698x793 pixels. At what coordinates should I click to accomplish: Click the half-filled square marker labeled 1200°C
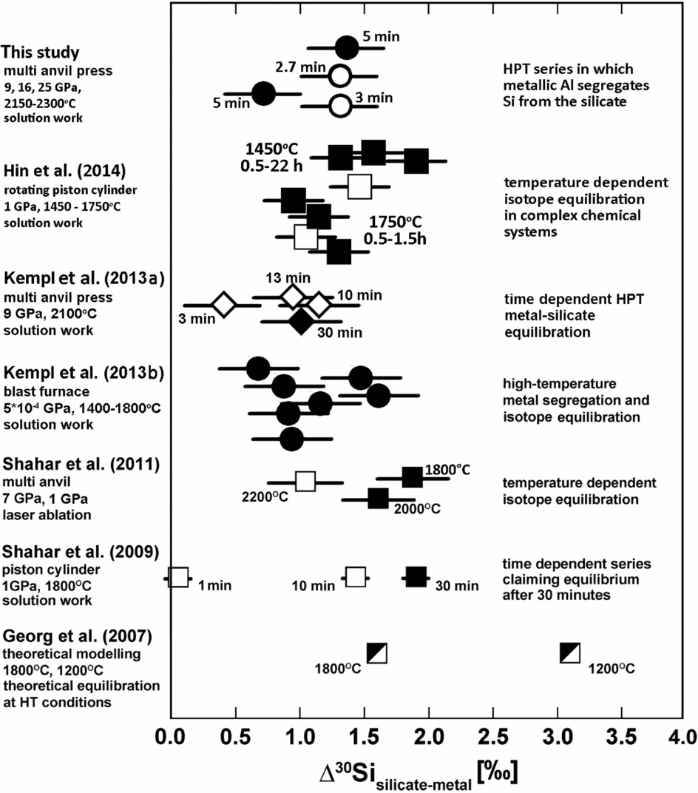(x=570, y=652)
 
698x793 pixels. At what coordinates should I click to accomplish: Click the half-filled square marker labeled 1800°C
(x=377, y=652)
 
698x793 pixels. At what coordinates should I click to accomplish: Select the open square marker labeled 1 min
(x=178, y=577)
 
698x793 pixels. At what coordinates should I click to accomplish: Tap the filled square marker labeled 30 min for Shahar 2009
(x=416, y=577)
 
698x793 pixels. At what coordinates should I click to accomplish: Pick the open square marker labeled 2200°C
(x=305, y=482)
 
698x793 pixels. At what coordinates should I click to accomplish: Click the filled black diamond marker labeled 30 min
(x=300, y=321)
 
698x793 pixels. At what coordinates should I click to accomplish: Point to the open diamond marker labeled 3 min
(x=223, y=304)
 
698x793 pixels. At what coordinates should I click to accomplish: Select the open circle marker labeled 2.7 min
(x=339, y=75)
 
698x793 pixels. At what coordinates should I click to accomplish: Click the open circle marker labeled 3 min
(x=339, y=106)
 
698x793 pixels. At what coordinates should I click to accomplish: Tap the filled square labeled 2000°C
(x=378, y=499)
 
